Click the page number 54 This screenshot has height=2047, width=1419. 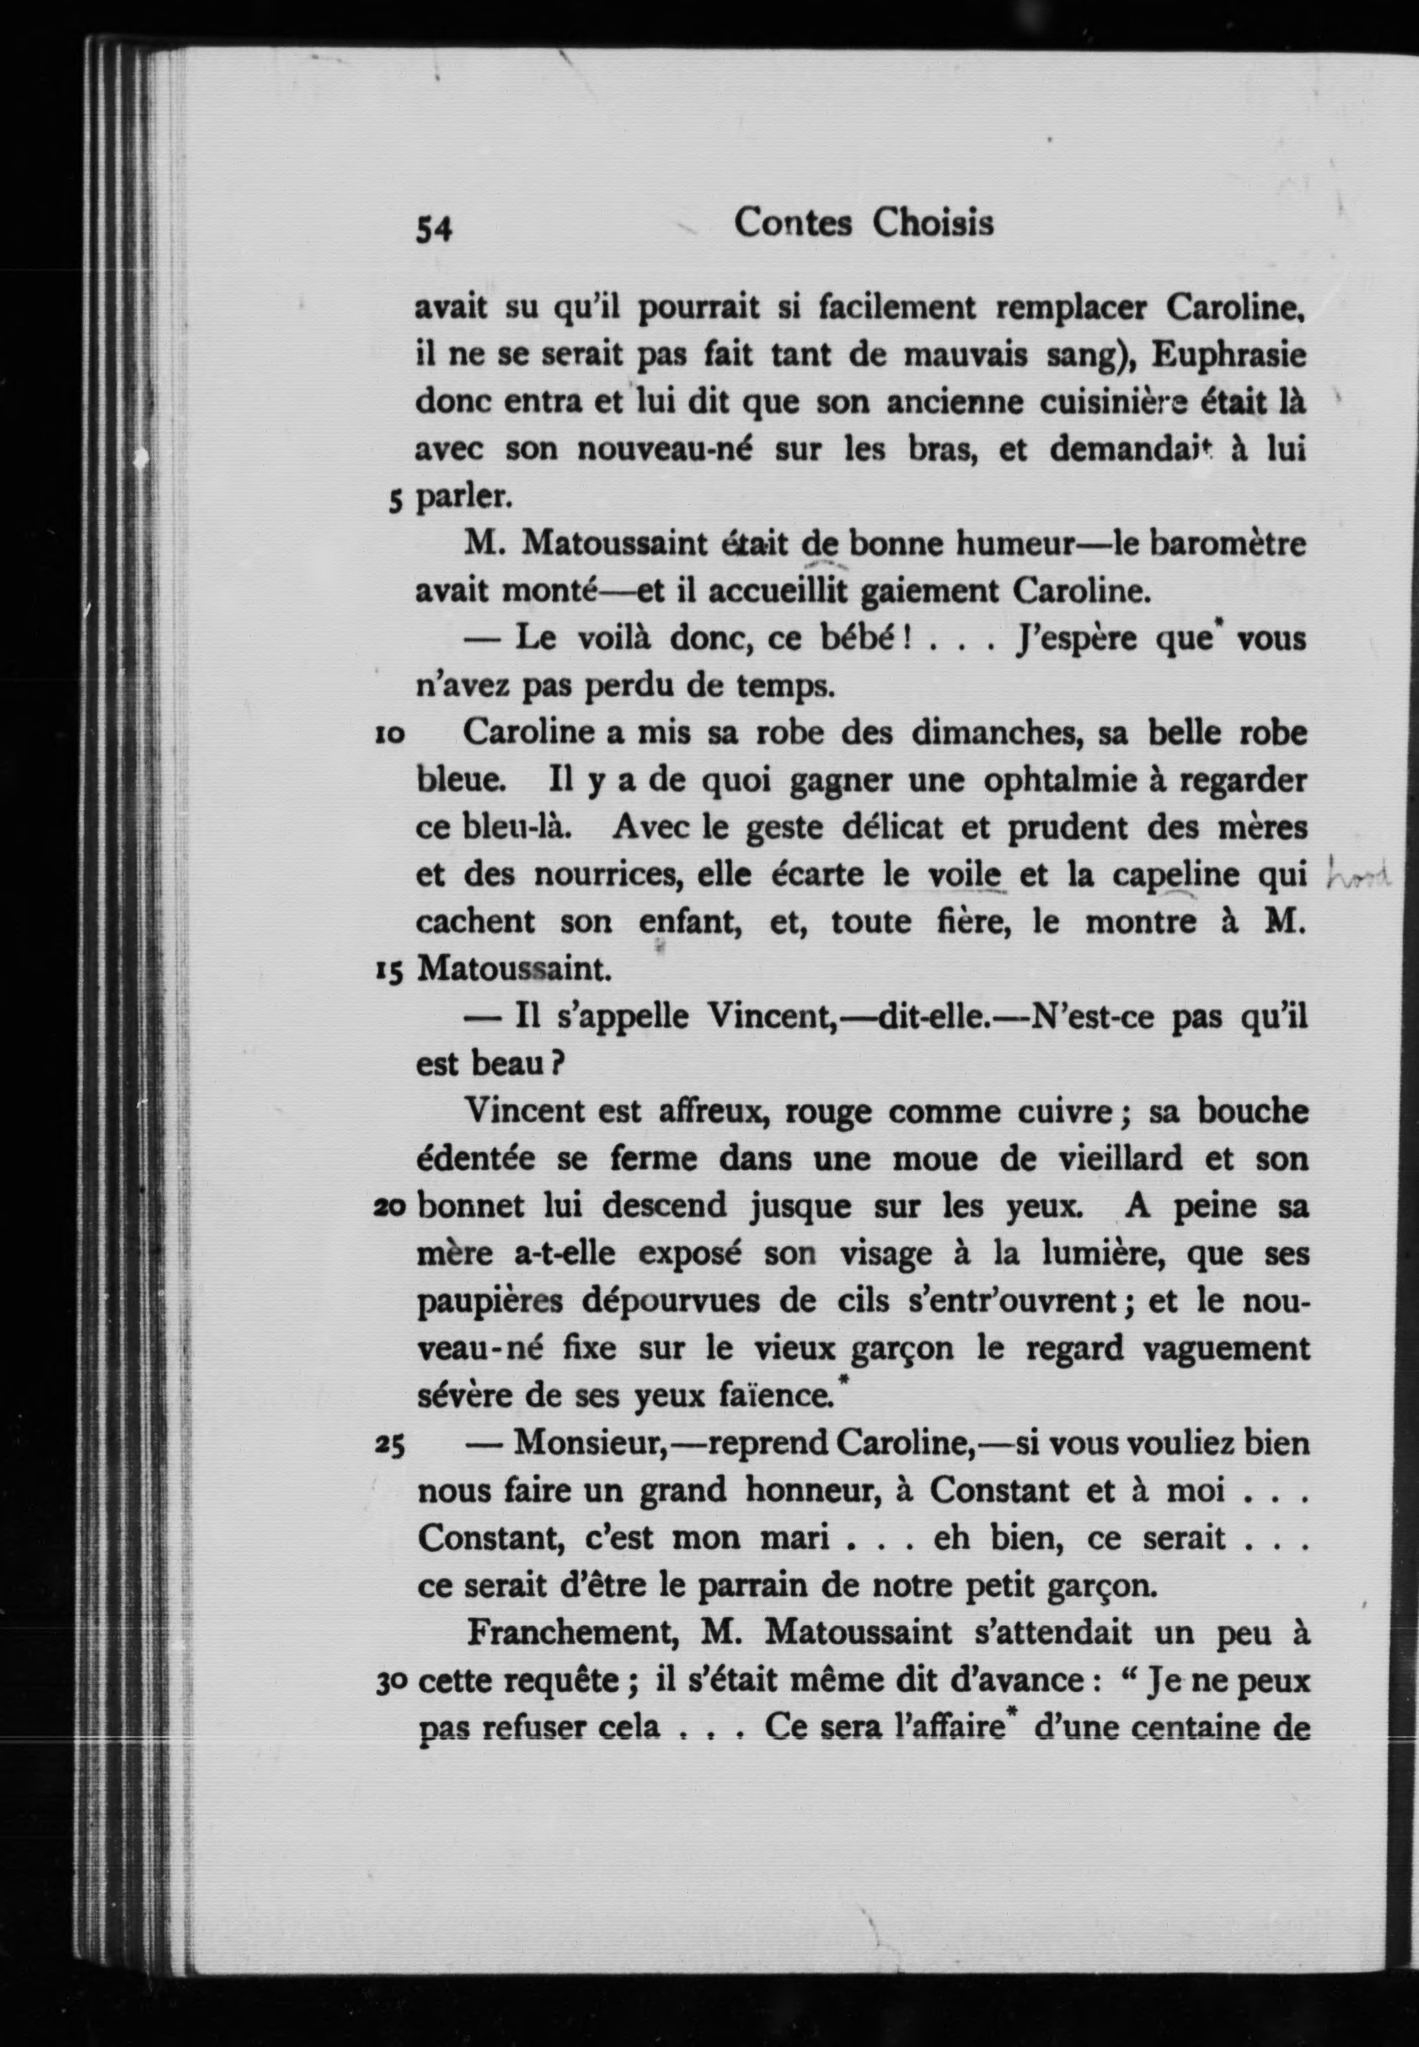(x=434, y=230)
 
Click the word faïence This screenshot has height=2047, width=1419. (x=775, y=1395)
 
